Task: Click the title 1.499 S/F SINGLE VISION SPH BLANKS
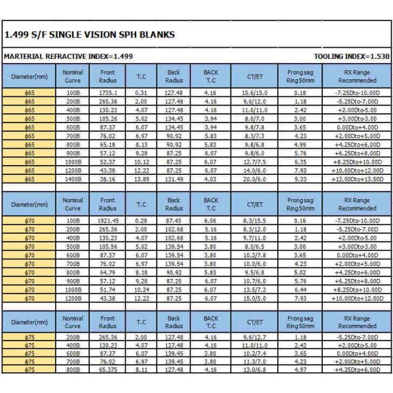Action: (x=89, y=35)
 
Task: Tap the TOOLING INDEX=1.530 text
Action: (x=351, y=57)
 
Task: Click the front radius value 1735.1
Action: (x=108, y=93)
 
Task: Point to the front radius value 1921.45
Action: (x=108, y=221)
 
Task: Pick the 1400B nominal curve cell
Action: (x=73, y=179)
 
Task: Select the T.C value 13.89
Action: (x=141, y=179)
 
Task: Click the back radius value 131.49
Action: (x=174, y=179)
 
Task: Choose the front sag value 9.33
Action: (x=301, y=179)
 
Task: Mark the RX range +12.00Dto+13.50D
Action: (x=357, y=179)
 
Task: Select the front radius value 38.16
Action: (x=108, y=179)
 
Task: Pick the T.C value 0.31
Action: (x=141, y=93)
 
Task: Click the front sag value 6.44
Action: (x=301, y=289)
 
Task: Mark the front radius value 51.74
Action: (x=108, y=289)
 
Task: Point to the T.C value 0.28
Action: (x=141, y=221)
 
